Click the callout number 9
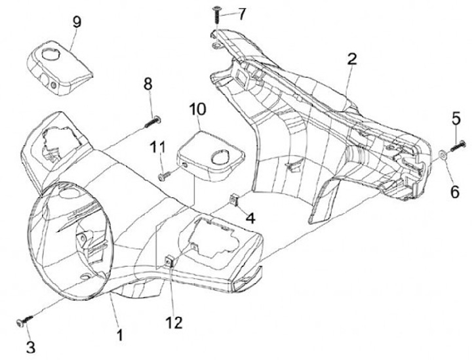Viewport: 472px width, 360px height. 77,21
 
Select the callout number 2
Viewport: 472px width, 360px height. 352,59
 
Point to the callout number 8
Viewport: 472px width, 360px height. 147,84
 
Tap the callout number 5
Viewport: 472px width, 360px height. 456,119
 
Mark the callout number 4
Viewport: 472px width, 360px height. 250,216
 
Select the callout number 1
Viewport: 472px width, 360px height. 119,334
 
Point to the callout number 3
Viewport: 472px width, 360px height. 30,345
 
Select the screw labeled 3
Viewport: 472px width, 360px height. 24,322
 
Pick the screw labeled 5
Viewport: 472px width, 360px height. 457,145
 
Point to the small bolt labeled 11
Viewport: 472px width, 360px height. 164,176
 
